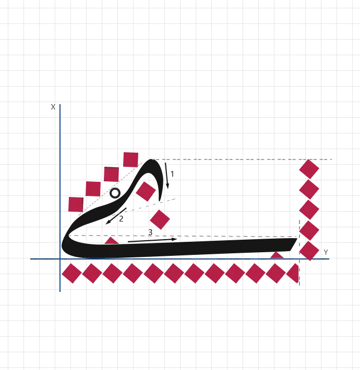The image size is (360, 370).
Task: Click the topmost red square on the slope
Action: (130, 159)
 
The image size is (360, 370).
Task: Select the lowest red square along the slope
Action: (76, 204)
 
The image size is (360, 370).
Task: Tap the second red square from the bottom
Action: (93, 189)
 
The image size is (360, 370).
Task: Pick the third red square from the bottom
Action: (111, 175)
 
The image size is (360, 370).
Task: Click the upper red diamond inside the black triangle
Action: (146, 192)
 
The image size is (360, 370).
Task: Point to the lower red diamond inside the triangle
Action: (160, 219)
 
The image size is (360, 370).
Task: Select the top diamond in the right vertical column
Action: (309, 169)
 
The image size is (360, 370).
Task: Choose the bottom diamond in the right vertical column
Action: (309, 251)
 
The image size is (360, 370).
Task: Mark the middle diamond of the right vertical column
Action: (309, 209)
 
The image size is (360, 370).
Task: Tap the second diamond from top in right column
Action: (309, 189)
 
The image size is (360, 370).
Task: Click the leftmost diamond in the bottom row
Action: (71, 273)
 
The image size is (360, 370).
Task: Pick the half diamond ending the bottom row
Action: (295, 273)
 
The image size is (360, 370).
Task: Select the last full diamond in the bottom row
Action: (276, 273)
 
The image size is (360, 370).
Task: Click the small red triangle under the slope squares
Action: (111, 241)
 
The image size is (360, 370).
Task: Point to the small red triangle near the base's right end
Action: (277, 255)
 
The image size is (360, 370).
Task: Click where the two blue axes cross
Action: (61, 260)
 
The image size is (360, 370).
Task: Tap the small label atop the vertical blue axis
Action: (53, 108)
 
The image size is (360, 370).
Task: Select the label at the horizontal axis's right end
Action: (325, 251)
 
